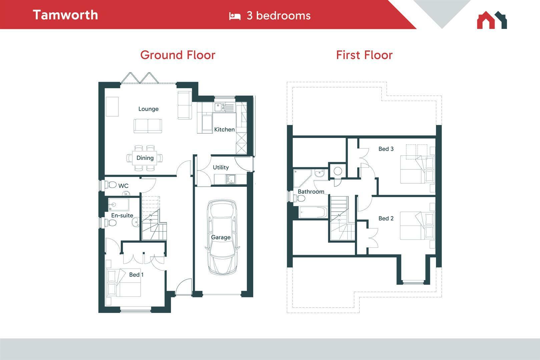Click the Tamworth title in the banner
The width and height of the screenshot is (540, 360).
(x=65, y=15)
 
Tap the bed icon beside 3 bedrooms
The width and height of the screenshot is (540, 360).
(x=234, y=16)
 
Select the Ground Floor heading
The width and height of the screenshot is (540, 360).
(x=177, y=55)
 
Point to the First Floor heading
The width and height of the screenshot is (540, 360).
(x=364, y=55)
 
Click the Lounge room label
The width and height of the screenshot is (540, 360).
(x=148, y=109)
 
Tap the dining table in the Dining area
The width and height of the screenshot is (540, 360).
(x=145, y=158)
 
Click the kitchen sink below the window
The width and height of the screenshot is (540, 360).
(x=224, y=107)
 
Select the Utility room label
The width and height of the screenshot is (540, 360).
(x=221, y=167)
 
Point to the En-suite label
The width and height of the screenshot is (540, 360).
(x=122, y=215)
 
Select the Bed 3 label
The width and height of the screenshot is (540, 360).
(x=386, y=149)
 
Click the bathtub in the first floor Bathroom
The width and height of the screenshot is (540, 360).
(x=313, y=212)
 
